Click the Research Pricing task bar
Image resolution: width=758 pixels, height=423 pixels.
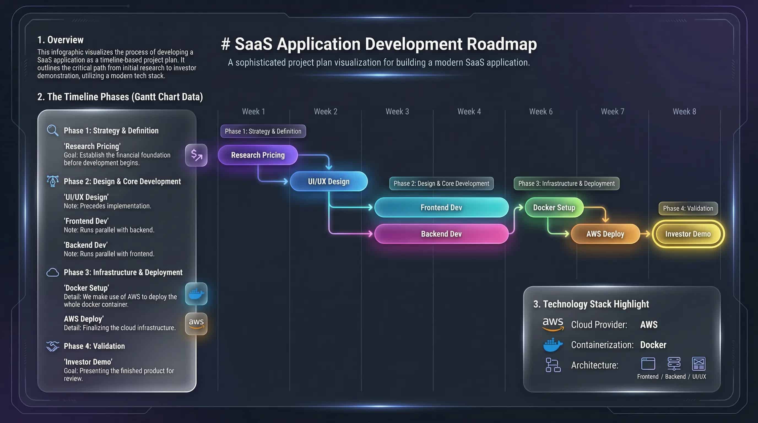(258, 155)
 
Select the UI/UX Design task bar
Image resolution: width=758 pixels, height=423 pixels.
(329, 181)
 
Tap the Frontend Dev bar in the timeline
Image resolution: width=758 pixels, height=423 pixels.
(441, 207)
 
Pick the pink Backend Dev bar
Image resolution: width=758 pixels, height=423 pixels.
(441, 234)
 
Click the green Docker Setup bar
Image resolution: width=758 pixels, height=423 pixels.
(554, 207)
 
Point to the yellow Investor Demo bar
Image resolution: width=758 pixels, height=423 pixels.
(688, 234)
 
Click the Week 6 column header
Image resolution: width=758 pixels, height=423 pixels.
(541, 112)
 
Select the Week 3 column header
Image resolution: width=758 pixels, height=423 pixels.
(397, 112)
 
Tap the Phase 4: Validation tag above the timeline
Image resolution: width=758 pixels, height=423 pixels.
(688, 208)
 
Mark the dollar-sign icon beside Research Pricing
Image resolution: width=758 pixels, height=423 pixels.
(196, 155)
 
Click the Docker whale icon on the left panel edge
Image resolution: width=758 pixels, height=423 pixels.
(196, 294)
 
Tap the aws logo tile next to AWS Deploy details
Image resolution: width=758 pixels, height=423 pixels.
(196, 324)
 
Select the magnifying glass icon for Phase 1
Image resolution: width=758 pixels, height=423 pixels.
(52, 130)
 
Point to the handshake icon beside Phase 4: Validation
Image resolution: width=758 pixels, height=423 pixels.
(52, 346)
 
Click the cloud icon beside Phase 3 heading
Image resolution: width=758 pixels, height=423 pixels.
(52, 272)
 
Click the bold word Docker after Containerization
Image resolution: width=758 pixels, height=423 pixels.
(653, 345)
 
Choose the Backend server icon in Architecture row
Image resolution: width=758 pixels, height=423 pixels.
(673, 364)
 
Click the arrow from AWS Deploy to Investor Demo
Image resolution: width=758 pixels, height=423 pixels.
(645, 234)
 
